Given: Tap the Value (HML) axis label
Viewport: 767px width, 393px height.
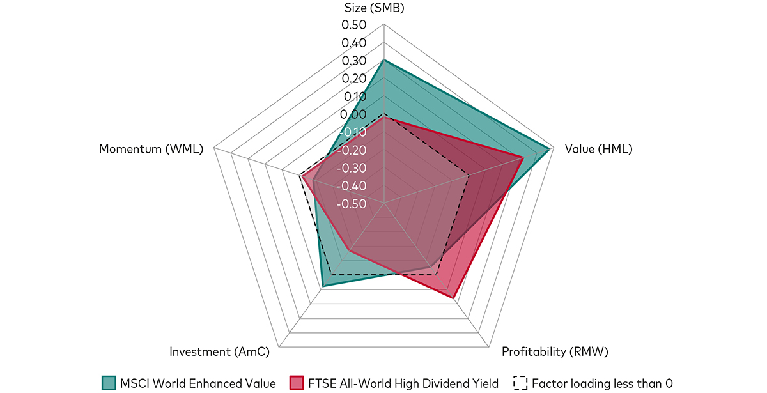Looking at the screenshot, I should (x=598, y=150).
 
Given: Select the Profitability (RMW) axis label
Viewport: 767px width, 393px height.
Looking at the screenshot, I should (x=555, y=351).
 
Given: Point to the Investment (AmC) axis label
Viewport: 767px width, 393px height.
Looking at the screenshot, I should (x=219, y=351).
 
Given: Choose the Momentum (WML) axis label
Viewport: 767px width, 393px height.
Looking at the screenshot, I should (x=151, y=150).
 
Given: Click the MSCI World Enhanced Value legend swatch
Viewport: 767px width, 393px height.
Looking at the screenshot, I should (x=109, y=383).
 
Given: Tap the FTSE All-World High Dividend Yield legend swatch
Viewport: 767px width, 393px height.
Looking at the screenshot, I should (x=296, y=383).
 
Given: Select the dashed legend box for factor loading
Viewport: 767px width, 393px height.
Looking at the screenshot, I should (x=520, y=383).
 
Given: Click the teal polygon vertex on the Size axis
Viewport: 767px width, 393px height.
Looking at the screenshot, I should (x=383, y=60).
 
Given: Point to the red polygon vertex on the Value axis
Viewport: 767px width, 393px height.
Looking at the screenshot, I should (x=523, y=157).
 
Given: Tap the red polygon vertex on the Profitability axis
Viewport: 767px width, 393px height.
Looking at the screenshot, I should (x=453, y=298).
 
